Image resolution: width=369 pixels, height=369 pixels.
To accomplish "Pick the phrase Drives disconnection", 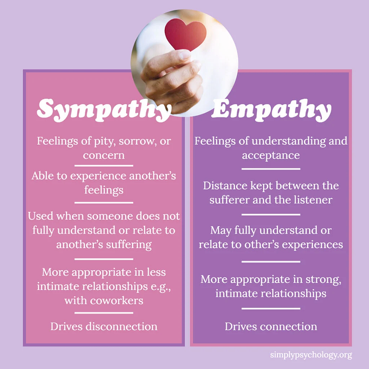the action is pos(104,326).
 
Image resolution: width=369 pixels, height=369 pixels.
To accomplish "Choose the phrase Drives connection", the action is pos(271,326).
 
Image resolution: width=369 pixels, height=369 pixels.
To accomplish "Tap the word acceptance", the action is pos(271,155).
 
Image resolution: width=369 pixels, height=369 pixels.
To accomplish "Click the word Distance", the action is pos(225,185).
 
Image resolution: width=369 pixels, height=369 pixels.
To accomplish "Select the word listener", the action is pos(309,199).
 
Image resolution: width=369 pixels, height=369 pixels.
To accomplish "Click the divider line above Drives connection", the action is pos(271,309).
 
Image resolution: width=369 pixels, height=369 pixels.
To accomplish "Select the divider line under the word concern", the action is pos(104,165).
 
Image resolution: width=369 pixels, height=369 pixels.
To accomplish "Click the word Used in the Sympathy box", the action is pos(41,216).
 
